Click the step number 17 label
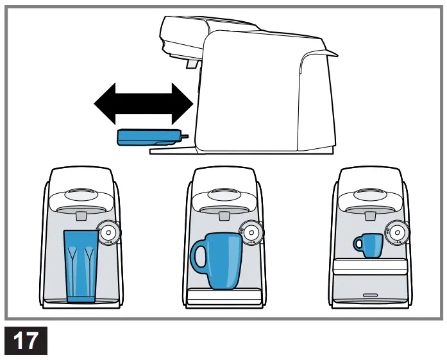pos(26,340)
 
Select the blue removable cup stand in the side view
pos(148,136)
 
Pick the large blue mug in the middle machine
pos(221,261)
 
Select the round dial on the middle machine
pos(251,231)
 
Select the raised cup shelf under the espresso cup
pos(370,265)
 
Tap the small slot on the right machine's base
pos(370,295)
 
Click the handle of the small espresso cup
pos(357,244)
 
